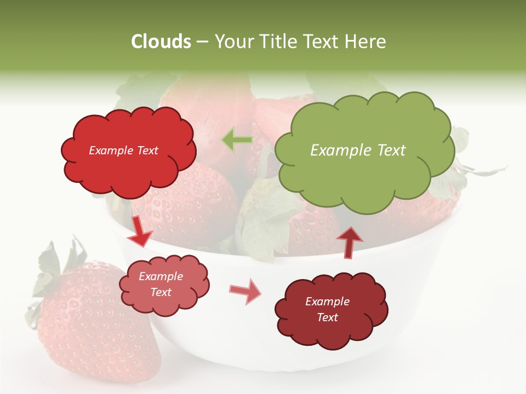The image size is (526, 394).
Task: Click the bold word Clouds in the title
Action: click(x=162, y=42)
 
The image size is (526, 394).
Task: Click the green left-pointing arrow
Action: click(x=237, y=141)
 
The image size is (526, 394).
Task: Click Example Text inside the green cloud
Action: click(x=358, y=150)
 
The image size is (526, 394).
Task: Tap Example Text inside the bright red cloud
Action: click(x=123, y=150)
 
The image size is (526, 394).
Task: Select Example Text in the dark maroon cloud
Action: click(x=327, y=309)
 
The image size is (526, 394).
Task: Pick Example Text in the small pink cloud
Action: click(x=161, y=284)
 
